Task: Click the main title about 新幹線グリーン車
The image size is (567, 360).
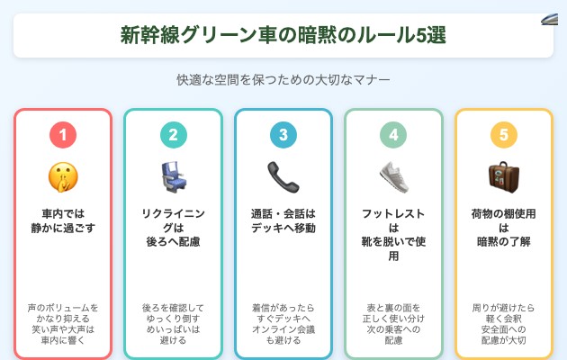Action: click(x=283, y=35)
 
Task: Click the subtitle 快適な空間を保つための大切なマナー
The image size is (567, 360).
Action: click(x=283, y=80)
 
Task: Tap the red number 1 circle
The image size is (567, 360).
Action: click(x=63, y=135)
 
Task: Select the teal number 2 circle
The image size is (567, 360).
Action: click(x=173, y=135)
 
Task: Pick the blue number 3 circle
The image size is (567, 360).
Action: click(x=283, y=135)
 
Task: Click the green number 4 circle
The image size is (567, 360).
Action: click(x=393, y=135)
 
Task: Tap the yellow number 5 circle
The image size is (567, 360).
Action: click(x=503, y=135)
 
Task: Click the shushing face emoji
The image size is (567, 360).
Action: click(x=63, y=176)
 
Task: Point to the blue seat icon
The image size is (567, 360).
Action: click(x=173, y=176)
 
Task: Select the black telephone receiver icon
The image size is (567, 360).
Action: click(x=283, y=176)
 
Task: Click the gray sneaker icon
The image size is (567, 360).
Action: click(x=393, y=176)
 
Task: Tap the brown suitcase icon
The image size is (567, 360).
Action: click(x=503, y=176)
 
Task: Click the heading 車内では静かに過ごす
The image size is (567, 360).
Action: click(x=63, y=221)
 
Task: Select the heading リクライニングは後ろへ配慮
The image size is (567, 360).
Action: click(x=173, y=228)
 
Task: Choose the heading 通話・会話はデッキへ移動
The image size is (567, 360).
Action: click(x=283, y=221)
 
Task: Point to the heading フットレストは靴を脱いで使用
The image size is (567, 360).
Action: click(x=393, y=235)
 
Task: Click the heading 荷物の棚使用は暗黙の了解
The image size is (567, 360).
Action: click(x=503, y=228)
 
